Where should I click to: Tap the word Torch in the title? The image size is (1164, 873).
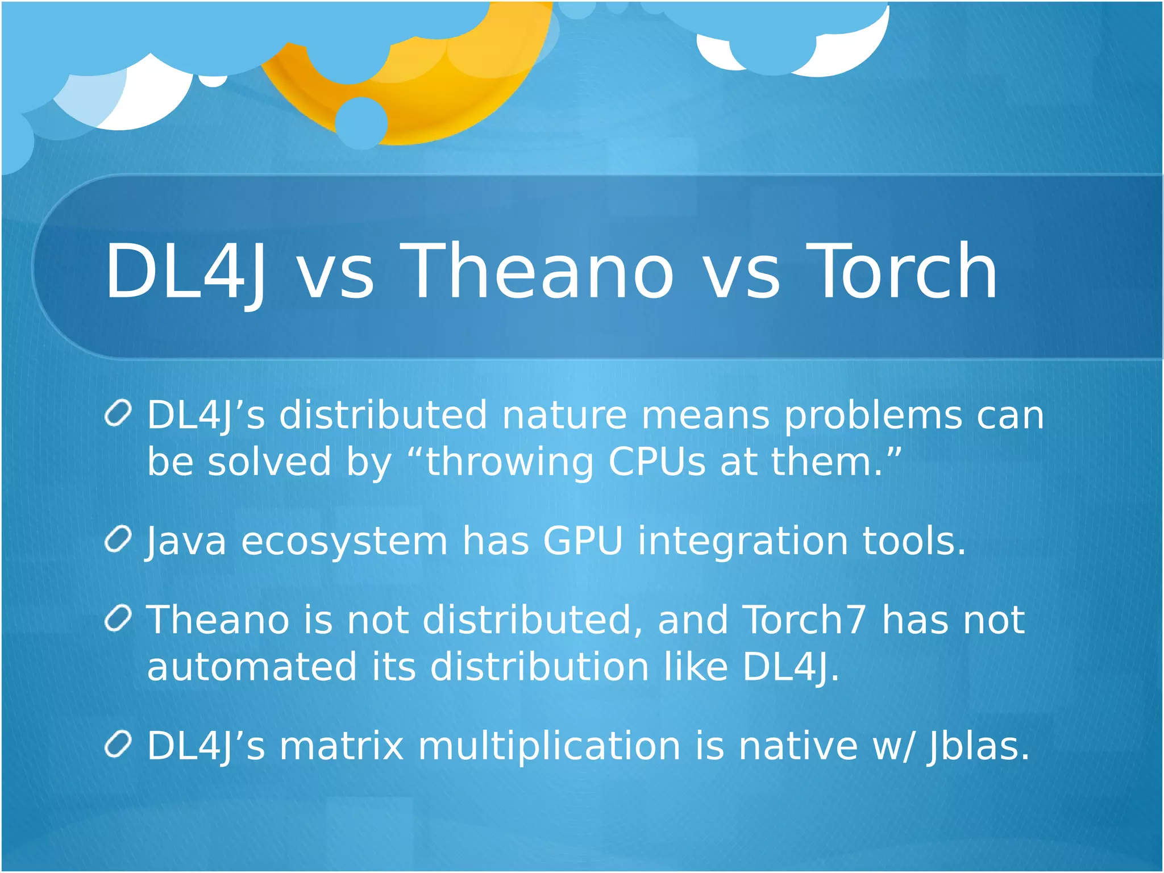coord(901,271)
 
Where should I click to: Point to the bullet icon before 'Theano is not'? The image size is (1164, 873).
coord(119,618)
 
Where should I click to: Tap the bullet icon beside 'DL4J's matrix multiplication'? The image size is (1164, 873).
coord(119,745)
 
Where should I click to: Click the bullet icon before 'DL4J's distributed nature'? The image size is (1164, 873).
coord(119,413)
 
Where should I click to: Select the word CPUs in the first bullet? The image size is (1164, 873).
coord(657,462)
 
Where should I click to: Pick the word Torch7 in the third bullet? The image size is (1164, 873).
coord(805,620)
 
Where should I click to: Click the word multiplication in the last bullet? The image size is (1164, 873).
coord(549,746)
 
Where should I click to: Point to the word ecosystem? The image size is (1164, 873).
coord(344,541)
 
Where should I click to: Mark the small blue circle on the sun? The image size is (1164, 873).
coord(361,123)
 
